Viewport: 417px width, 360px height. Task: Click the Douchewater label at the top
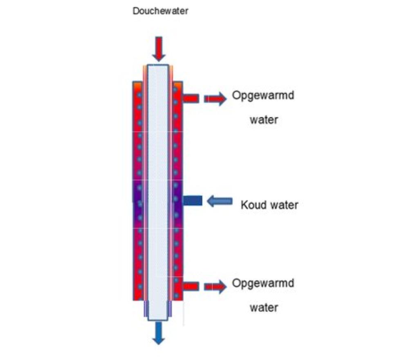pyautogui.click(x=161, y=11)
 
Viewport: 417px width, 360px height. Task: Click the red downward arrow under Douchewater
pyautogui.click(x=159, y=49)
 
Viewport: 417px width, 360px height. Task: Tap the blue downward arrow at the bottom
pyautogui.click(x=159, y=333)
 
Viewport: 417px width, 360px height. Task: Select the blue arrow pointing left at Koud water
pyautogui.click(x=220, y=201)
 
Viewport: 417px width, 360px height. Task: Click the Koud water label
pyautogui.click(x=269, y=205)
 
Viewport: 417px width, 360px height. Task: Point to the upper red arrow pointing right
pyautogui.click(x=215, y=99)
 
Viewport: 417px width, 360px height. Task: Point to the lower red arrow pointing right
pyautogui.click(x=215, y=287)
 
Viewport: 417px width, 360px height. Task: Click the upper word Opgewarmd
pyautogui.click(x=263, y=97)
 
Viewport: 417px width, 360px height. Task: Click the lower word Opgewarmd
pyautogui.click(x=263, y=283)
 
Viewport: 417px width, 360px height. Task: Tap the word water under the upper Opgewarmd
pyautogui.click(x=264, y=120)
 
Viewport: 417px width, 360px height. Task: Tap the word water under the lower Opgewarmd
pyautogui.click(x=264, y=307)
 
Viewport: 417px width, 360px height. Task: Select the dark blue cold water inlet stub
pyautogui.click(x=192, y=200)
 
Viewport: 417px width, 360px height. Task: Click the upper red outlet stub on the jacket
pyautogui.click(x=191, y=99)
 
